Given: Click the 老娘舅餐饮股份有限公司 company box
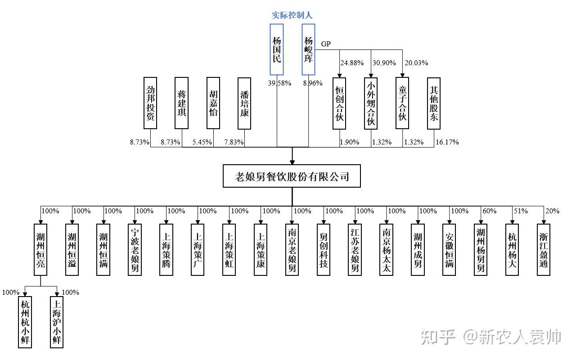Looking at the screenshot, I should pos(292,176).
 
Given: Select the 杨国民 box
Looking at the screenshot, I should pos(277,49).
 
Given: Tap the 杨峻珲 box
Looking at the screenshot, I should pos(308,49).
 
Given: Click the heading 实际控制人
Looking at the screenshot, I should pos(292,15).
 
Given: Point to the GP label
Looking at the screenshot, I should pos(326,44).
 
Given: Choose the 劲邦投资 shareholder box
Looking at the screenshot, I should pos(151,103).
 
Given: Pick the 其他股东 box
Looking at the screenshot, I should pos(433,103).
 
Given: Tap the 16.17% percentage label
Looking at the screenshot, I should pos(447,142).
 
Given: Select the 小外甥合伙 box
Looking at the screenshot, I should pos(371,103).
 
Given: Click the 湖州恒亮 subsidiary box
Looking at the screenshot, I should pos(40,249).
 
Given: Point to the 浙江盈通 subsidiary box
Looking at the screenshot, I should pos(544,249).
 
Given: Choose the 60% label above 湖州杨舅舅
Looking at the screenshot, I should pos(490,211).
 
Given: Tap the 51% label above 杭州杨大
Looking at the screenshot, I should pos(521,211).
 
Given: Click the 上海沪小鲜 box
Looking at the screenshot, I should pos(56,322).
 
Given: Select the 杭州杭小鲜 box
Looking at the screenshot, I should pos(25,322).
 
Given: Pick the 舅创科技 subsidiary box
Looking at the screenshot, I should pos(324,249).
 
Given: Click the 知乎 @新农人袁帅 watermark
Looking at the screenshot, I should pos(490,337).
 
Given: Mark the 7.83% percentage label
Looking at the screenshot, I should pos(234,142).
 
